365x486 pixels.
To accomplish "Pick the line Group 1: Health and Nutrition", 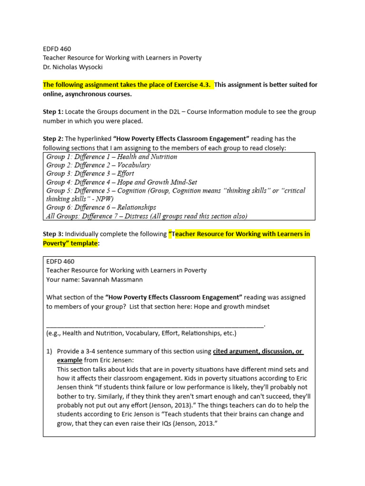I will tap(112, 157).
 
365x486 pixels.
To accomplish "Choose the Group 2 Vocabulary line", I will tap(98, 165).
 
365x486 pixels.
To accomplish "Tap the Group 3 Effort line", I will tap(90, 174).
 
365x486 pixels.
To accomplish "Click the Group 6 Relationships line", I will tap(101, 207).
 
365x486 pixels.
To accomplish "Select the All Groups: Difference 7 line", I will tap(147, 216).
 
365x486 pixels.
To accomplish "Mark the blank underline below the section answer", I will tap(155, 325).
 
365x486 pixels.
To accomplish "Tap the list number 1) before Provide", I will tap(49, 351).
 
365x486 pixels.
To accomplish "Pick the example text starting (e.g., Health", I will tap(141, 333).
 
